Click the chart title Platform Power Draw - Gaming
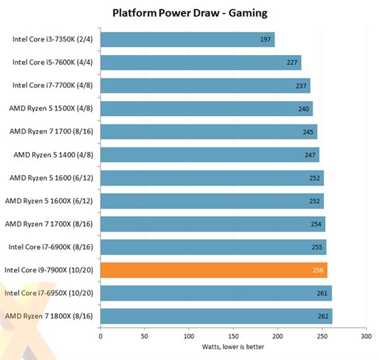[x=189, y=12]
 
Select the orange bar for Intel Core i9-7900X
[x=214, y=270]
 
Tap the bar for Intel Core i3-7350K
[x=188, y=40]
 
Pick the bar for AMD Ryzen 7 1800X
[x=216, y=316]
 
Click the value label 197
[x=266, y=40]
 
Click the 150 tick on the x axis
[x=234, y=337]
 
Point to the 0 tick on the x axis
[x=101, y=337]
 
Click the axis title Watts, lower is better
[x=233, y=347]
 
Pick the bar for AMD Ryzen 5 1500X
[x=207, y=109]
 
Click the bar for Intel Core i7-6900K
[x=213, y=247]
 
